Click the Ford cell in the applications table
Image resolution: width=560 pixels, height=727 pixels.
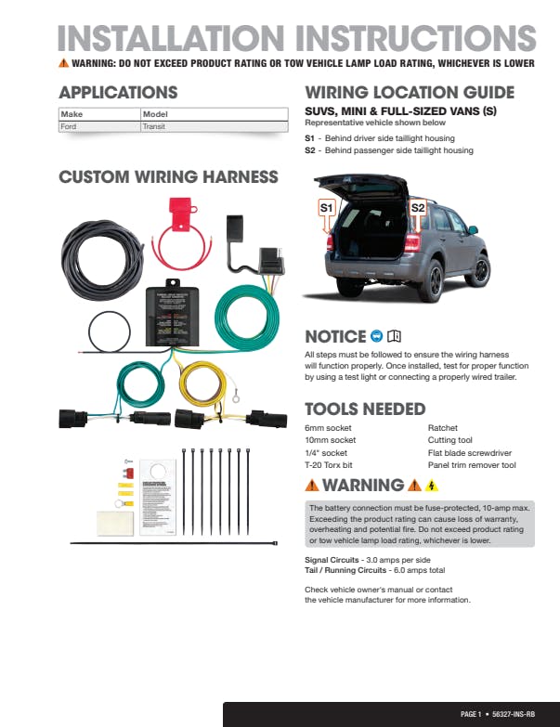pos(69,126)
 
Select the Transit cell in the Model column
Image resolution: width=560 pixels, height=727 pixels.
pos(154,126)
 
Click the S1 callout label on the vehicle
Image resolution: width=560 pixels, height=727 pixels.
pos(327,208)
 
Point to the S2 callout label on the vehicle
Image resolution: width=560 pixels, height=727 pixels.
pos(418,208)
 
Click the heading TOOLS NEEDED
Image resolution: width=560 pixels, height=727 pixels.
pos(365,409)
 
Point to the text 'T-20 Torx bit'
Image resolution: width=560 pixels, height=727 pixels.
pos(327,465)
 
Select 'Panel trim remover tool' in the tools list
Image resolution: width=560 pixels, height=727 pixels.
pos(472,465)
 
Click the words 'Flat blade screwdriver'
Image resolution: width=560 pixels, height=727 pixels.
pos(469,453)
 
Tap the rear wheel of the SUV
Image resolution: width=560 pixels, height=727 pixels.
pos(479,272)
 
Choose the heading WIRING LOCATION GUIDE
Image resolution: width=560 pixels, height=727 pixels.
pos(410,93)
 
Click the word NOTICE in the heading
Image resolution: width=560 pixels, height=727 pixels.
pos(335,336)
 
